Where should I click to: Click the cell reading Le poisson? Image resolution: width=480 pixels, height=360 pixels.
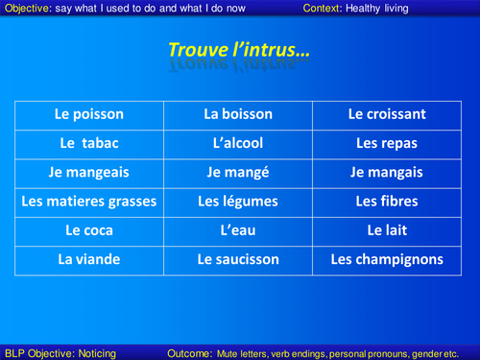(89, 114)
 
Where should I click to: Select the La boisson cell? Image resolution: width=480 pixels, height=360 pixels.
(238, 114)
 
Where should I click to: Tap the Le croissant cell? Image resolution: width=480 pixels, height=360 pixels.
(386, 114)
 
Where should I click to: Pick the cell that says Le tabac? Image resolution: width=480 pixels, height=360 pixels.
(89, 143)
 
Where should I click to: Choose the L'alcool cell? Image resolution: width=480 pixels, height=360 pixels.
(238, 143)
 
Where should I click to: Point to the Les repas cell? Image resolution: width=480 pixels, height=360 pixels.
(386, 143)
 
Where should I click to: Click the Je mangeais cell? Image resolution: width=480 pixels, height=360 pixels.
(89, 173)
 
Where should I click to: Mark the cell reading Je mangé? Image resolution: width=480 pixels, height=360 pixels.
(238, 173)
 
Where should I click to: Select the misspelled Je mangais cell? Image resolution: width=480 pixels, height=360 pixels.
(386, 173)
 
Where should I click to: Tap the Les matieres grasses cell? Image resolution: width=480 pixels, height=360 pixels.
(89, 202)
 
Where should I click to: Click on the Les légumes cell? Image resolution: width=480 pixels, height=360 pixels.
(238, 202)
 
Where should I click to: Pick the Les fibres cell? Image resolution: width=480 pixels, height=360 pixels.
(386, 202)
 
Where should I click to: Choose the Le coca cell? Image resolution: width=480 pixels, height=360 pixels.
(89, 230)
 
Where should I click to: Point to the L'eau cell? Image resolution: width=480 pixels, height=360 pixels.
(238, 230)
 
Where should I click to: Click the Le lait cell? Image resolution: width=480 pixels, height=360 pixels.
(386, 230)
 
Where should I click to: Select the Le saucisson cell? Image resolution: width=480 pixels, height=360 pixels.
(238, 259)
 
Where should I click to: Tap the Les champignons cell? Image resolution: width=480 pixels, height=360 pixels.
(386, 259)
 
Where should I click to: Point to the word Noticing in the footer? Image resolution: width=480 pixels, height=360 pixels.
(91, 352)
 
